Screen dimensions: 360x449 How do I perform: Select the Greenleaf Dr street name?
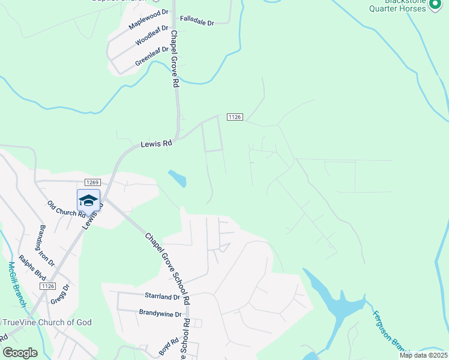[152, 55]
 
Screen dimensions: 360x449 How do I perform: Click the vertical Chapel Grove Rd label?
[175, 59]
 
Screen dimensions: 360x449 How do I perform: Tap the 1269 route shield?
[92, 182]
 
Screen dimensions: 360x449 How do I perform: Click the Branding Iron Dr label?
[47, 245]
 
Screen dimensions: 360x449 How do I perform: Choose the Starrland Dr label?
[162, 296]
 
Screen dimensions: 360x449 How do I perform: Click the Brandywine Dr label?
[160, 313]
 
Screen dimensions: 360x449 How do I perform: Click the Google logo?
[20, 353]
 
